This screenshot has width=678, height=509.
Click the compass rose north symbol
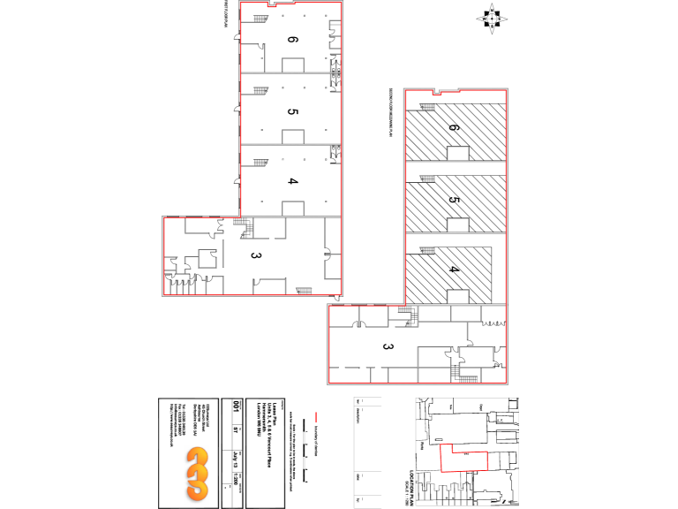click(492, 18)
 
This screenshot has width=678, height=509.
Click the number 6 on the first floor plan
click(292, 39)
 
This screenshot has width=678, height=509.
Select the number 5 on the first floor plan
click(292, 111)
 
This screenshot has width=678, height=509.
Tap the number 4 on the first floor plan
click(292, 181)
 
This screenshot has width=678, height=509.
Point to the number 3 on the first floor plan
click(256, 256)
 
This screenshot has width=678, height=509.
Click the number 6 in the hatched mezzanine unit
click(455, 129)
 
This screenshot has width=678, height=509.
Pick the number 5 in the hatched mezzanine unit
click(455, 201)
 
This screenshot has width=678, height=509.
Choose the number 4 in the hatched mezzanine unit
click(455, 270)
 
